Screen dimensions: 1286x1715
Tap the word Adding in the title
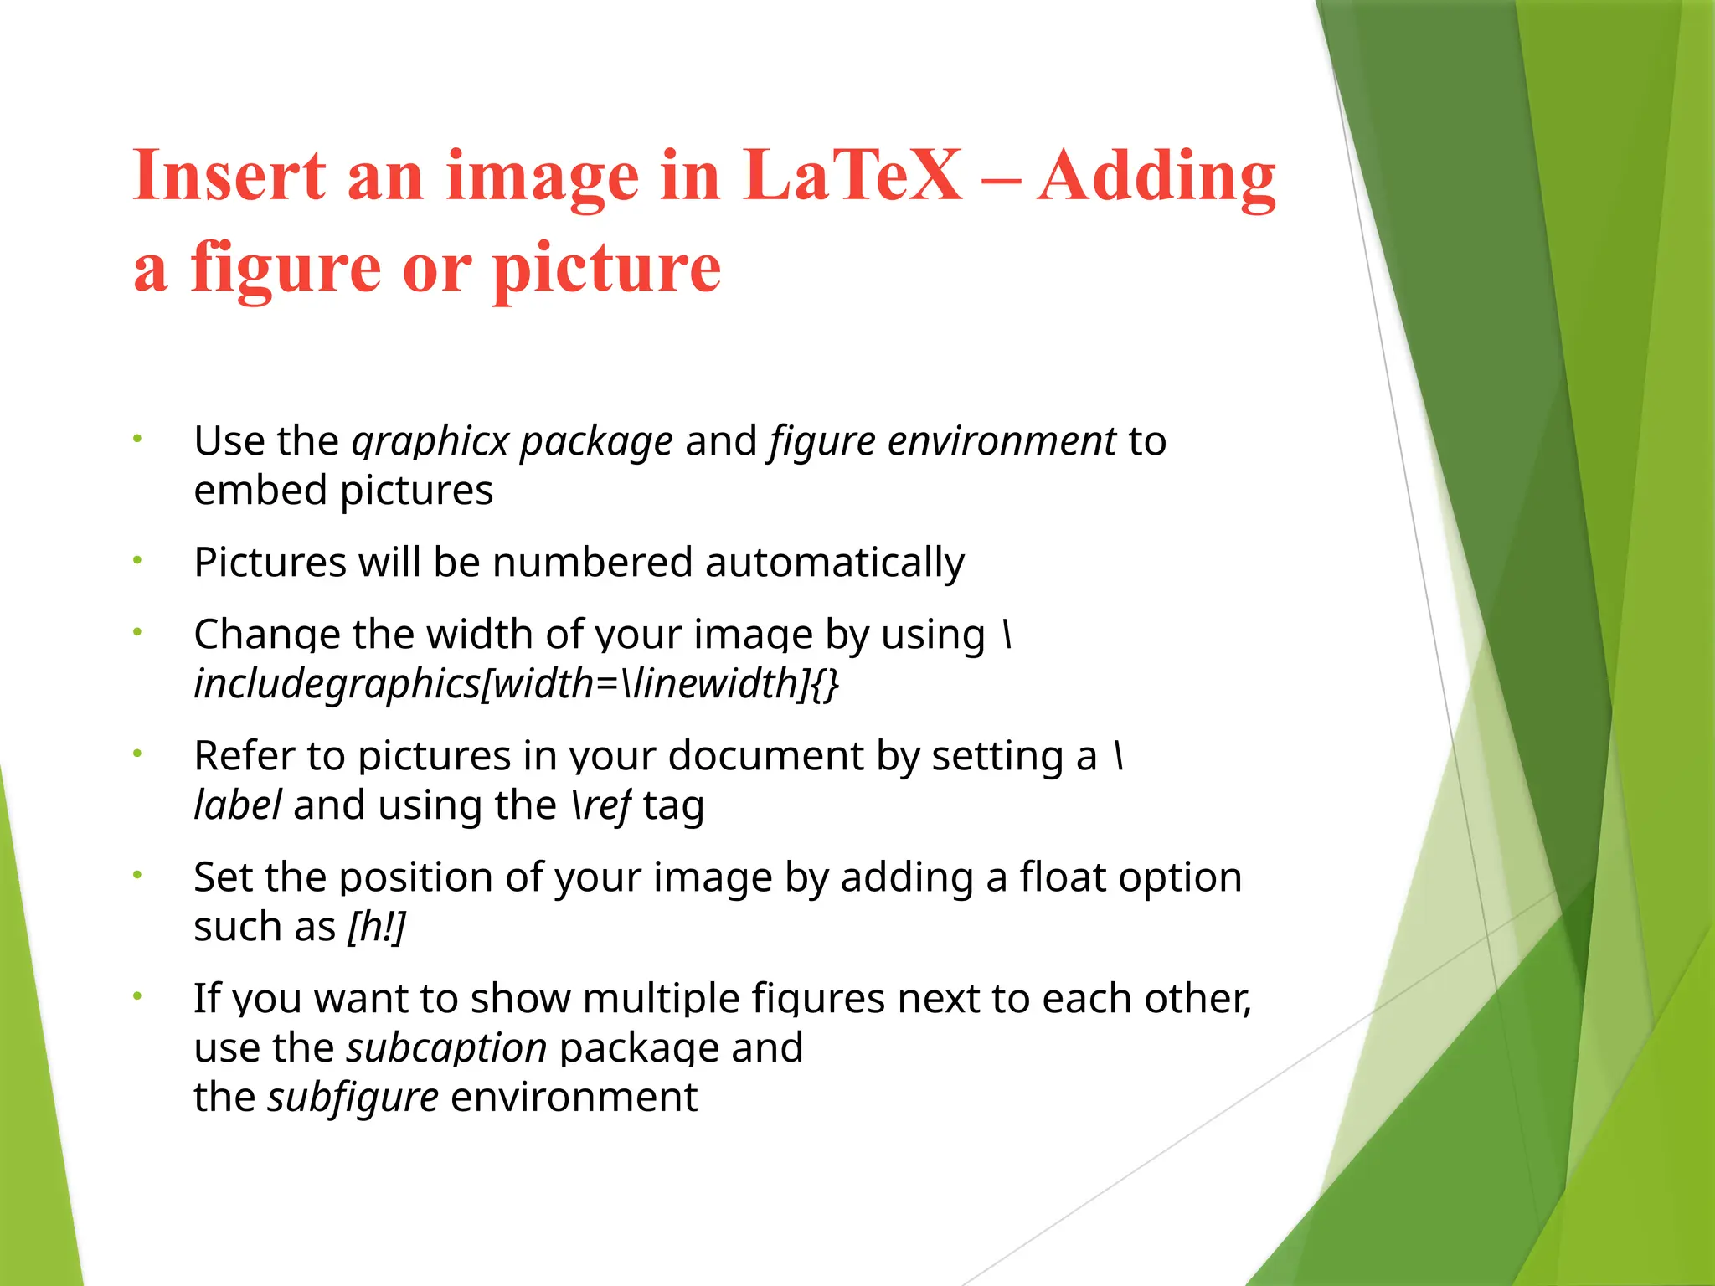1156,177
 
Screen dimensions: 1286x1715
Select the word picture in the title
606,268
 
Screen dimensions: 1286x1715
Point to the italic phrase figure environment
943,441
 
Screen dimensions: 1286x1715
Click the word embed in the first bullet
260,490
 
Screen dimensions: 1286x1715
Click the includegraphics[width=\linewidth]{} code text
516,684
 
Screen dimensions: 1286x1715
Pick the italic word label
238,805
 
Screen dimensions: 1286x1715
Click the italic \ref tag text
601,805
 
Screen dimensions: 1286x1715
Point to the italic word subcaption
446,1048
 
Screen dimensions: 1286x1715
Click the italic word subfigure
353,1098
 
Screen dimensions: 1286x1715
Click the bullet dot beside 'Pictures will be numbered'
138,561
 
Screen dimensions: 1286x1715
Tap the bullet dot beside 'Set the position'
138,876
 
